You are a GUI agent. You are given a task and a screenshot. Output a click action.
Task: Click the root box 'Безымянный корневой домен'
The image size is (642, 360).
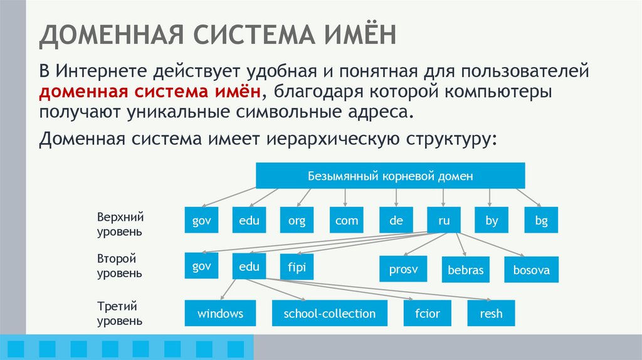[x=390, y=176]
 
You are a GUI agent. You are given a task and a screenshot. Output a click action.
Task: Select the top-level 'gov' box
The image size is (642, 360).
[x=201, y=221]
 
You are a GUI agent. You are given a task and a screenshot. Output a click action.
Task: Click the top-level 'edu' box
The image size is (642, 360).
[x=249, y=221]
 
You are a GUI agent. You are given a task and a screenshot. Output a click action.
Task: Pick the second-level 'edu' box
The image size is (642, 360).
[x=249, y=267]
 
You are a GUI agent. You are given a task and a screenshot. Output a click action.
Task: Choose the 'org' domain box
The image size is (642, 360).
[x=297, y=221]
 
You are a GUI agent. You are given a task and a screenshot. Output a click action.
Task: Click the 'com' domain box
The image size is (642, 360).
[x=346, y=221]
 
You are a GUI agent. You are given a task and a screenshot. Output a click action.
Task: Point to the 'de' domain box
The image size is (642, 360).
[x=396, y=221]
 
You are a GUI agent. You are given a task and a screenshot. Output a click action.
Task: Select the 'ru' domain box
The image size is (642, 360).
[x=443, y=221]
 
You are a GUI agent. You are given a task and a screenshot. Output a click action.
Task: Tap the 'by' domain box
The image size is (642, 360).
[x=491, y=221]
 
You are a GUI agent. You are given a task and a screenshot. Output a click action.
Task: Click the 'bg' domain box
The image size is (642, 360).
[x=540, y=221]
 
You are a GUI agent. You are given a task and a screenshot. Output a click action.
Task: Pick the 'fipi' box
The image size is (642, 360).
[x=297, y=267]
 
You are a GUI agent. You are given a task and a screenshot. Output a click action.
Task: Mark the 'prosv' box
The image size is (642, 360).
[x=403, y=270]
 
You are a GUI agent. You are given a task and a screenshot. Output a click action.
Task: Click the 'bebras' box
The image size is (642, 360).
[x=466, y=270]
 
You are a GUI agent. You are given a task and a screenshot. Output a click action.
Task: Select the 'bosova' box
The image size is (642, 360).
[x=531, y=270]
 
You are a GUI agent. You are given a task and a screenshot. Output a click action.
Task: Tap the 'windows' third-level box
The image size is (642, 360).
[x=220, y=313]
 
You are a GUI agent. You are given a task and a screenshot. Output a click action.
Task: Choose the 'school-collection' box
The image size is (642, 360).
[x=329, y=313]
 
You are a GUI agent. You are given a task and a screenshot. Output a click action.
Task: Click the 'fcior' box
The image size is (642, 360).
[x=427, y=313]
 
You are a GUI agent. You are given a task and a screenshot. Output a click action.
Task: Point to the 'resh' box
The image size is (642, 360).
[x=491, y=313]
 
